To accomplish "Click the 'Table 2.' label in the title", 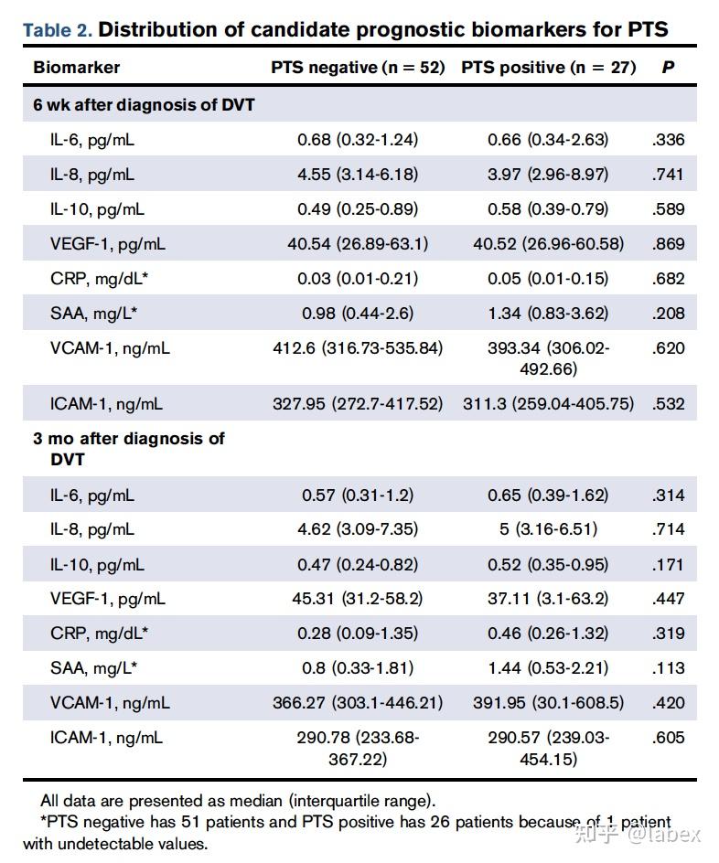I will tap(57, 30).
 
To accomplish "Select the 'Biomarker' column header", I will tap(76, 68).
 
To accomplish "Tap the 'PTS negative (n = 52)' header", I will tap(358, 68).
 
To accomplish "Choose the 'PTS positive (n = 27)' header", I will tap(548, 68).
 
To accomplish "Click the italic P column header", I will tap(668, 68).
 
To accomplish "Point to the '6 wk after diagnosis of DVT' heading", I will tap(144, 105).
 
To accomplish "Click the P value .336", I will tap(668, 140).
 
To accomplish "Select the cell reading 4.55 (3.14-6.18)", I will tap(358, 175).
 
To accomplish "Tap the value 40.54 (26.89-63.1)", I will tap(358, 244).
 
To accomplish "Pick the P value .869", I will tap(668, 244).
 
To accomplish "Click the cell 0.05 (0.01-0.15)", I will tap(548, 279).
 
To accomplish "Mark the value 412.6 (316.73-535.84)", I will tap(358, 348).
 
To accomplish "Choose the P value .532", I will tap(668, 403).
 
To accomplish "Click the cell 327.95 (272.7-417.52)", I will tap(358, 403).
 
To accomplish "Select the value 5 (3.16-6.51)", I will tap(548, 529).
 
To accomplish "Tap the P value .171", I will tap(668, 564).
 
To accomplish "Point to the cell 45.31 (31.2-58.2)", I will tap(358, 599).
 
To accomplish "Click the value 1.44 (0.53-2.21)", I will tap(548, 668).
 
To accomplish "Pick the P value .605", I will tap(668, 738).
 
